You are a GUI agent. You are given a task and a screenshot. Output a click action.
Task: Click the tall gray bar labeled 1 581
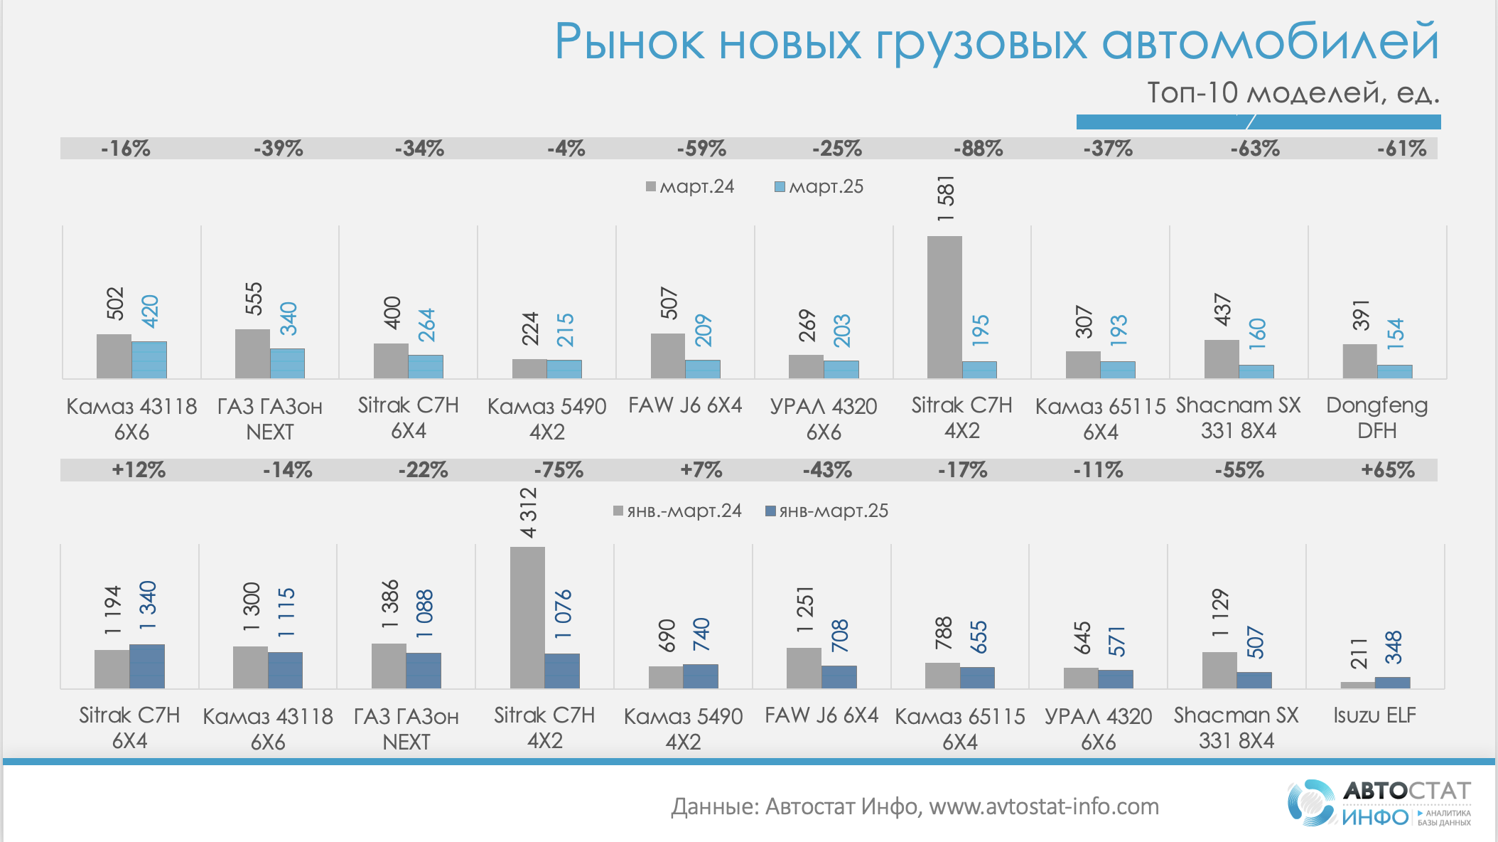pos(944,307)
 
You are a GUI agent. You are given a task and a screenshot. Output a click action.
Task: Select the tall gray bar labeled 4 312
pos(527,617)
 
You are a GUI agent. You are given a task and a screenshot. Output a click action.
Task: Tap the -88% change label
pos(978,149)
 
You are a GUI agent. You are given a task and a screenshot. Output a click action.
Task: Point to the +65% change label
pos(1387,470)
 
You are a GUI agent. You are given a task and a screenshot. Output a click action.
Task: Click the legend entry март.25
pos(819,187)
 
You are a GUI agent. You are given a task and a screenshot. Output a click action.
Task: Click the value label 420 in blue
pos(150,311)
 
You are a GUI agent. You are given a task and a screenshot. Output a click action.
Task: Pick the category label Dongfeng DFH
pos(1376,418)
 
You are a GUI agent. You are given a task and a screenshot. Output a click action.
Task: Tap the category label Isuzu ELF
pos(1374,715)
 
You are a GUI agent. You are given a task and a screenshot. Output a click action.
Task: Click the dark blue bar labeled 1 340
pos(147,666)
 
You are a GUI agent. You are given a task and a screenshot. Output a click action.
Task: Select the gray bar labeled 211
pos(1357,685)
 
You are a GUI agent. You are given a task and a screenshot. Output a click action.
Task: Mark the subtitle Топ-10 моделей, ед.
pos(1293,93)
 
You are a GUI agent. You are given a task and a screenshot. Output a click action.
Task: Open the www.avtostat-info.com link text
pos(1044,806)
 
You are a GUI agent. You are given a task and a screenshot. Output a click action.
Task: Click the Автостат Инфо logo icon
pos(1310,804)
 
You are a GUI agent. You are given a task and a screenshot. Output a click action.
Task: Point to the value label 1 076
pos(563,614)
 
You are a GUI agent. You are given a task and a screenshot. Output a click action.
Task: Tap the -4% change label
pos(566,149)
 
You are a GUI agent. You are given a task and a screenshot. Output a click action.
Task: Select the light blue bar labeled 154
pos(1394,371)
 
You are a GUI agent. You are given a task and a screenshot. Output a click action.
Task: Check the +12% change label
pos(138,470)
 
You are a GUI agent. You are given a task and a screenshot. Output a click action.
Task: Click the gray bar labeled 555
pos(252,353)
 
